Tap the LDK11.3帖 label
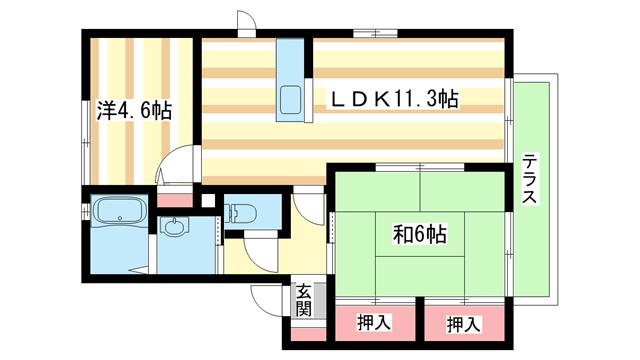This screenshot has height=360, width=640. click(x=396, y=99)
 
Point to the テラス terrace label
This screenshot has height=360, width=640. click(x=530, y=179)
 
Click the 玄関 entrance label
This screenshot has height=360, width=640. click(x=304, y=299)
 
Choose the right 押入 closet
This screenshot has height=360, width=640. click(x=461, y=323)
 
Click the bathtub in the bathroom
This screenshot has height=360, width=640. click(x=120, y=213)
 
